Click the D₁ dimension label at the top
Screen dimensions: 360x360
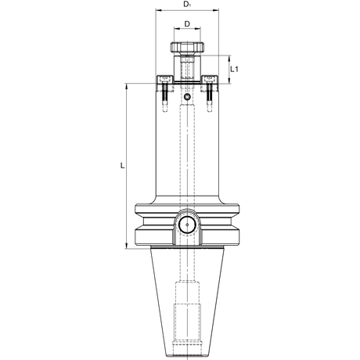tap(187, 5)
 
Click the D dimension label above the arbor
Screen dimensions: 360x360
tap(187, 24)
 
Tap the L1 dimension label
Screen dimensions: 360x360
tap(234, 69)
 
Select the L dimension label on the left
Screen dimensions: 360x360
tap(122, 165)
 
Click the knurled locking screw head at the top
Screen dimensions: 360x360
tap(187, 47)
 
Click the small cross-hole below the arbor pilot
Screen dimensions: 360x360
tap(187, 97)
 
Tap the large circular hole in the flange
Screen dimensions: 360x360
tap(187, 225)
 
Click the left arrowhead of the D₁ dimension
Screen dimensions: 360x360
tap(158, 10)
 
